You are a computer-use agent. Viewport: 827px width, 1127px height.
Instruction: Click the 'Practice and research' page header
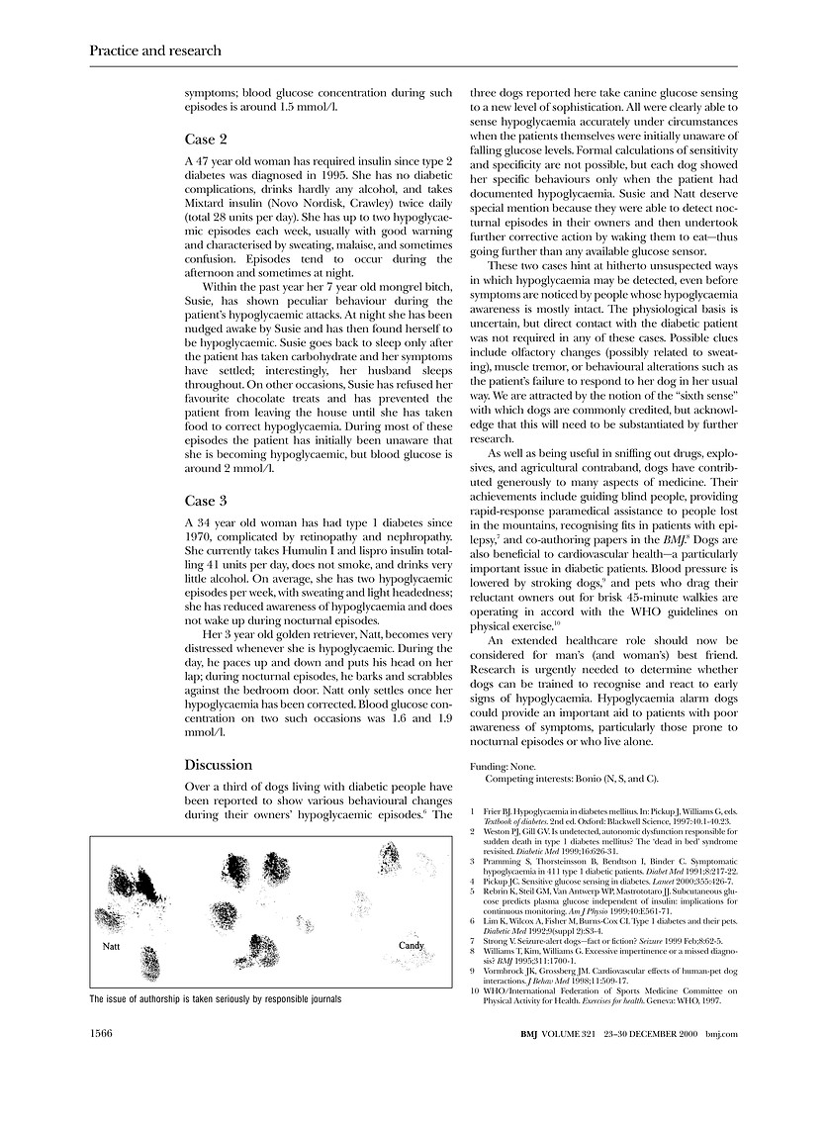pos(154,50)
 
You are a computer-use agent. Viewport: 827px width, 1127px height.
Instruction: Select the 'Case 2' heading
pos(206,140)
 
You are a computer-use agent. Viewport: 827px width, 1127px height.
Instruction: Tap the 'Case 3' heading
pos(206,501)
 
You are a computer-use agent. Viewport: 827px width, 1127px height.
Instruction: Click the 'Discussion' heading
pos(219,764)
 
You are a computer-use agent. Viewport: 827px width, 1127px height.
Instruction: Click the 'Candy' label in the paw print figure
pos(411,946)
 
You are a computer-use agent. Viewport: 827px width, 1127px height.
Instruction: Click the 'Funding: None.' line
pos(502,767)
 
